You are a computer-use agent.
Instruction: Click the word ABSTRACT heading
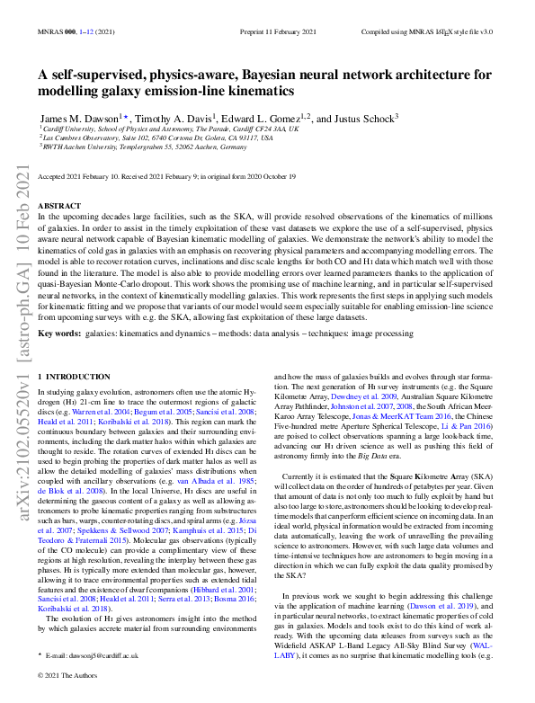(60, 206)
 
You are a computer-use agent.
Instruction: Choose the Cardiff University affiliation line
(171, 129)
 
